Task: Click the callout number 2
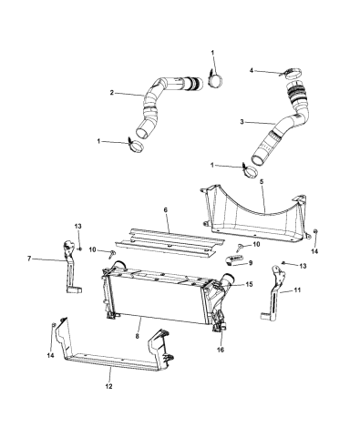click(x=112, y=93)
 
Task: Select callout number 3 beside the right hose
click(x=242, y=122)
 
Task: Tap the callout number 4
click(x=252, y=70)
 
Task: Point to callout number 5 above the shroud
click(x=262, y=182)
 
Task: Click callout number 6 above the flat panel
click(x=166, y=210)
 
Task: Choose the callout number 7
click(x=29, y=259)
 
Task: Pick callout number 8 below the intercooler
click(x=138, y=336)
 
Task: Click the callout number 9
click(x=251, y=263)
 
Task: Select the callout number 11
click(x=297, y=290)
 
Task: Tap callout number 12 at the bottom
click(x=109, y=386)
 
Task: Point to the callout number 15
click(x=250, y=284)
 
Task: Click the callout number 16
click(x=221, y=350)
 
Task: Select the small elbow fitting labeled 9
click(x=234, y=259)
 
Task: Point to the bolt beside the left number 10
click(x=111, y=254)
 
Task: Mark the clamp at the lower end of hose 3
click(x=249, y=170)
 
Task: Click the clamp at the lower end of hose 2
click(x=136, y=146)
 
